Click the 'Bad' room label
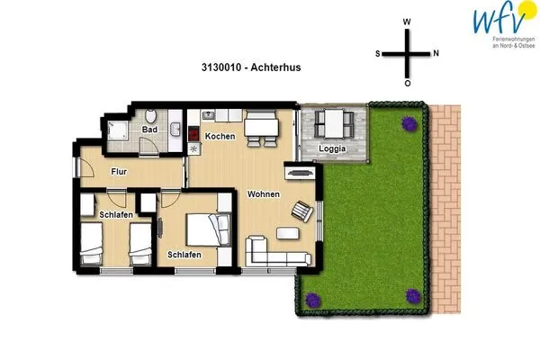[149, 130]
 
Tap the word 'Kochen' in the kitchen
[220, 137]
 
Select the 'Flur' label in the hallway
[118, 171]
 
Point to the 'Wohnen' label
[264, 194]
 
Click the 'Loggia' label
[333, 148]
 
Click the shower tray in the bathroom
[118, 131]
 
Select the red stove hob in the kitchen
[194, 135]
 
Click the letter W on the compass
[407, 22]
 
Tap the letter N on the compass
[436, 53]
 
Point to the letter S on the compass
[378, 53]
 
